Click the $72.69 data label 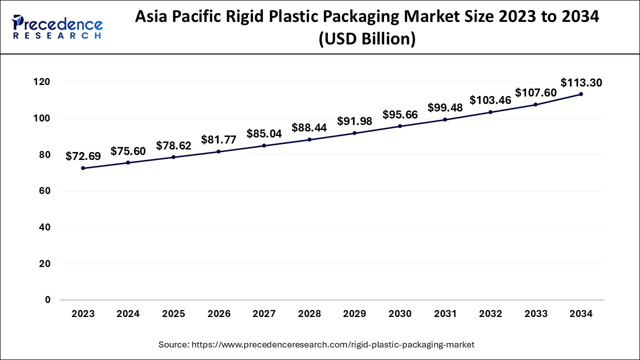point(83,156)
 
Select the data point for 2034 point(580,94)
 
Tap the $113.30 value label point(581,82)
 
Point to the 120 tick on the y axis point(43,82)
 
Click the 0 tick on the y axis point(47,300)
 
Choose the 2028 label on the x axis point(309,314)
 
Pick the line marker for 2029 point(354,133)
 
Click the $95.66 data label point(400,114)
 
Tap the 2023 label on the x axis point(83,314)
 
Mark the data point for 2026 point(218,151)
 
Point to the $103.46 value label point(490,100)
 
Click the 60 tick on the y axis point(44,191)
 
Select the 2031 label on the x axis point(445,314)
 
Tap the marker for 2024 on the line point(128,162)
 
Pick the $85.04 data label point(264,134)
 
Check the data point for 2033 point(535,104)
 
